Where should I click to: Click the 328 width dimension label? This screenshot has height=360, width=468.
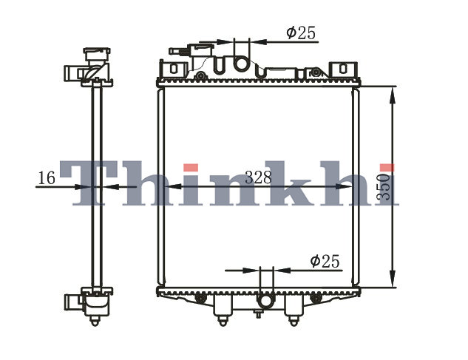click(x=259, y=177)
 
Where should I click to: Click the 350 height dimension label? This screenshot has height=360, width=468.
click(x=384, y=187)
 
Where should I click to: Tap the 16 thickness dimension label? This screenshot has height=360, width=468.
click(x=47, y=178)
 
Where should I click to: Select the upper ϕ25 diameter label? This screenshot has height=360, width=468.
click(x=301, y=33)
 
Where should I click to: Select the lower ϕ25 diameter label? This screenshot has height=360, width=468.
click(x=325, y=261)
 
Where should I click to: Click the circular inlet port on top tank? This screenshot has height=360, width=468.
click(x=241, y=64)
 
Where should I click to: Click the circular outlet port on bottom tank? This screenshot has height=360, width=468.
click(x=266, y=300)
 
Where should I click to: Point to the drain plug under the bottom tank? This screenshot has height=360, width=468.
click(x=258, y=313)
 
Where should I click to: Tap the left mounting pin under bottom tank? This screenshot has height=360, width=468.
click(x=223, y=322)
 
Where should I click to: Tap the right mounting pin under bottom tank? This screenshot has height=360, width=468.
click(x=294, y=322)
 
